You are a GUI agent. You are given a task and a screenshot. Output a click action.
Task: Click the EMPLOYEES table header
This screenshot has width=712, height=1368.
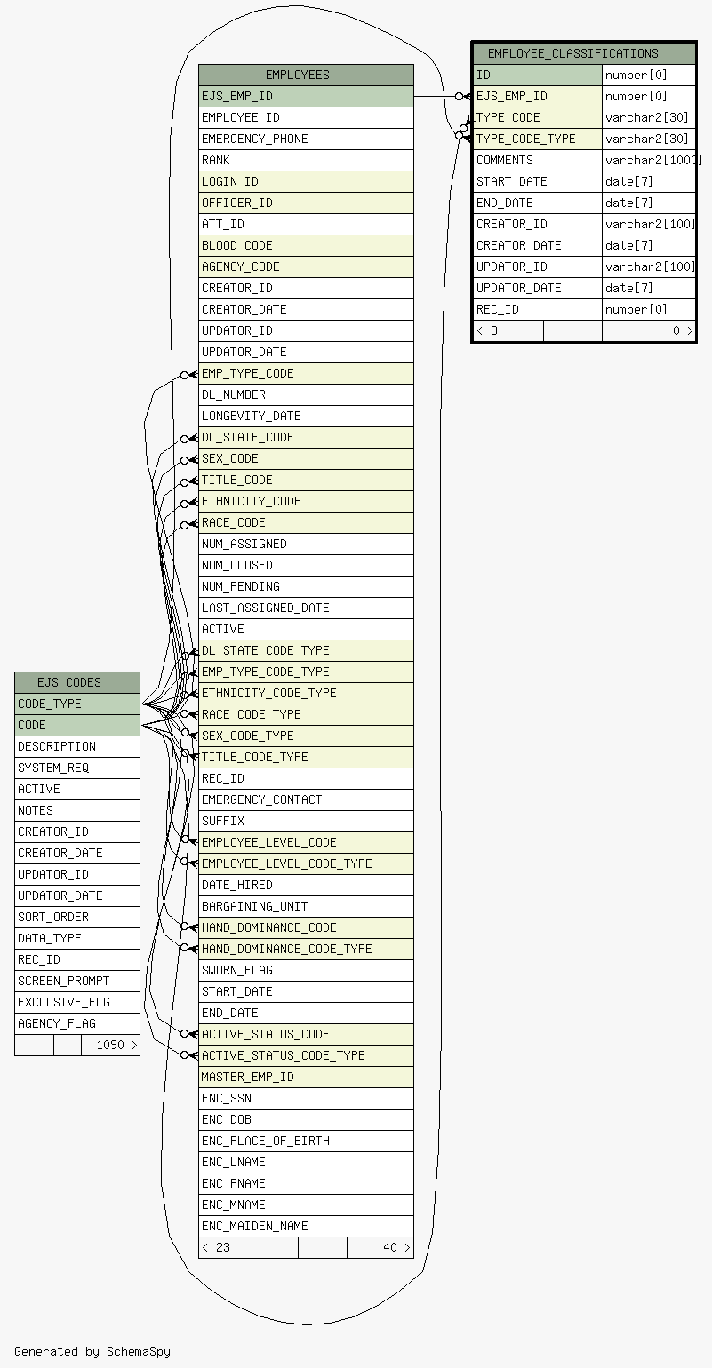tap(306, 75)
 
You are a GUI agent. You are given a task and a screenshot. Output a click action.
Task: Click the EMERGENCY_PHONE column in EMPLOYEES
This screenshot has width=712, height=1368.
tap(306, 139)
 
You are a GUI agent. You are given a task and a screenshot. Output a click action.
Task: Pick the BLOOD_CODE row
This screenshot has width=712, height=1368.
tap(306, 245)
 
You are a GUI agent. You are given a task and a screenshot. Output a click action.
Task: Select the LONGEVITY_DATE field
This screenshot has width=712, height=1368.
tap(306, 416)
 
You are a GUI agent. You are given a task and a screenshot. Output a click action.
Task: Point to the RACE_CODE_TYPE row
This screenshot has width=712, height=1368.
tap(306, 714)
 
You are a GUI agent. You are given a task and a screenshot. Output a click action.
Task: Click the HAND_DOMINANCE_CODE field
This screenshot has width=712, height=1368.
tap(306, 927)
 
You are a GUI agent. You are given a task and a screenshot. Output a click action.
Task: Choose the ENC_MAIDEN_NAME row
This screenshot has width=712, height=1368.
tap(306, 1226)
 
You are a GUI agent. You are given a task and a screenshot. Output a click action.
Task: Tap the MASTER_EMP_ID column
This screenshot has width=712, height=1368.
tap(306, 1077)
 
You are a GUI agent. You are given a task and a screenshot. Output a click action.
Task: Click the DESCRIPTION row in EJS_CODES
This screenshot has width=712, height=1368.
tap(77, 746)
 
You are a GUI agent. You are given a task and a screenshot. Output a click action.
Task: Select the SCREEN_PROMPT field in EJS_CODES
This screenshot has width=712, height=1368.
tap(77, 981)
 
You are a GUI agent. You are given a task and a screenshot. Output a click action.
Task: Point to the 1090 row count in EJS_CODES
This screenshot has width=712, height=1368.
tap(110, 1045)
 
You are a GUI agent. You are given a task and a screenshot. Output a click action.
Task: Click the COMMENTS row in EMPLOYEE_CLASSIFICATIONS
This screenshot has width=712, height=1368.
tap(538, 160)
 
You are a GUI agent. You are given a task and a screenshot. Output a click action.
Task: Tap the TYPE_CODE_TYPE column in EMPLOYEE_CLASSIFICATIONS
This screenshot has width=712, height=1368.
tap(538, 139)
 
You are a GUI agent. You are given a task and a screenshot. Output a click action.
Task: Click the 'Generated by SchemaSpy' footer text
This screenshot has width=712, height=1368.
tap(92, 1351)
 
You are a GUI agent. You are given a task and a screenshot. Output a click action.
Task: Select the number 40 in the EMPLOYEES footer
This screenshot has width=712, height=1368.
tap(390, 1247)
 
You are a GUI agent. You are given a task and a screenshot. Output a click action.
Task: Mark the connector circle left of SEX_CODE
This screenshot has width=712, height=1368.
tap(185, 460)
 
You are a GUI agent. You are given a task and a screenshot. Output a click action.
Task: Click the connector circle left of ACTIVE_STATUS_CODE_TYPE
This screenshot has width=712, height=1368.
tap(185, 1054)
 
